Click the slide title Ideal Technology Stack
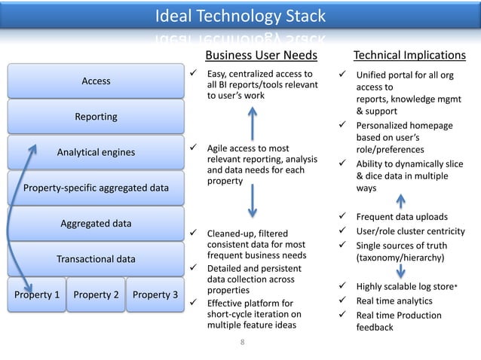pyautogui.click(x=240, y=16)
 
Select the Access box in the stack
pyautogui.click(x=96, y=81)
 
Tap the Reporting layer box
pyautogui.click(x=96, y=117)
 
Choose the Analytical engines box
pyautogui.click(x=96, y=153)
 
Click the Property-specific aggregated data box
pyautogui.click(x=96, y=188)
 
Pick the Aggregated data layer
pyautogui.click(x=96, y=224)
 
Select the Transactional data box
pyautogui.click(x=96, y=259)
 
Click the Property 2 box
pyautogui.click(x=96, y=294)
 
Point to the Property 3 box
pyautogui.click(x=154, y=294)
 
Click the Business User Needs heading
pyautogui.click(x=262, y=55)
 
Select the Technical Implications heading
pyautogui.click(x=410, y=55)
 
